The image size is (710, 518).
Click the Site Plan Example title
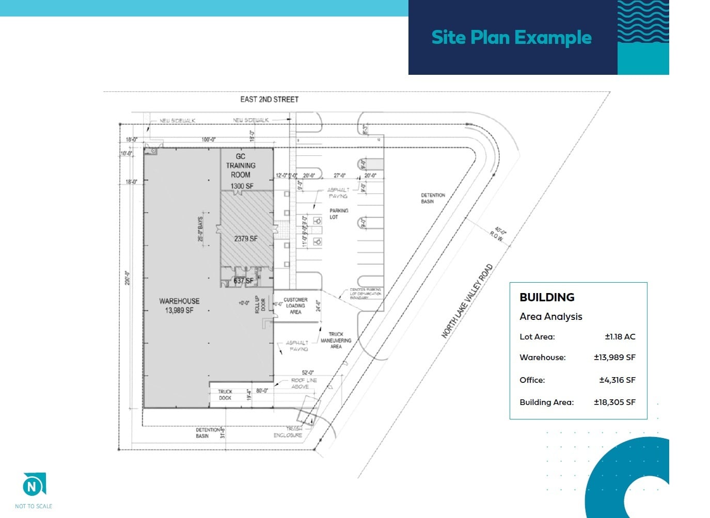(511, 38)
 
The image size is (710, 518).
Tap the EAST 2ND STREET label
(269, 99)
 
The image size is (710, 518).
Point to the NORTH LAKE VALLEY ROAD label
(467, 301)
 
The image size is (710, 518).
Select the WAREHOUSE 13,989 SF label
(179, 305)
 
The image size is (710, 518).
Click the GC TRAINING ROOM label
(241, 166)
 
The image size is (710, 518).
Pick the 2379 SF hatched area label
(246, 238)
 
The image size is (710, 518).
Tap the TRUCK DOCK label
(225, 395)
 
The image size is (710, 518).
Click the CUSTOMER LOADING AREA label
(295, 305)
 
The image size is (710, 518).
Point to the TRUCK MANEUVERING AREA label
(336, 340)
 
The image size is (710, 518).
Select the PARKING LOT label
(339, 214)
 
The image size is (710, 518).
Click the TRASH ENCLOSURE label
(289, 432)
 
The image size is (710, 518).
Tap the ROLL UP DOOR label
(260, 304)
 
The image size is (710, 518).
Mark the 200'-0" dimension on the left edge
(128, 278)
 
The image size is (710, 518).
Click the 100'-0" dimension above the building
(209, 139)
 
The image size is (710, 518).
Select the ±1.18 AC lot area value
(620, 337)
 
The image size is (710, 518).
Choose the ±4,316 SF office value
(617, 380)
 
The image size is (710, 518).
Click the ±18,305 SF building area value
(614, 402)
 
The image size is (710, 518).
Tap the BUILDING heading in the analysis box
(547, 297)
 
